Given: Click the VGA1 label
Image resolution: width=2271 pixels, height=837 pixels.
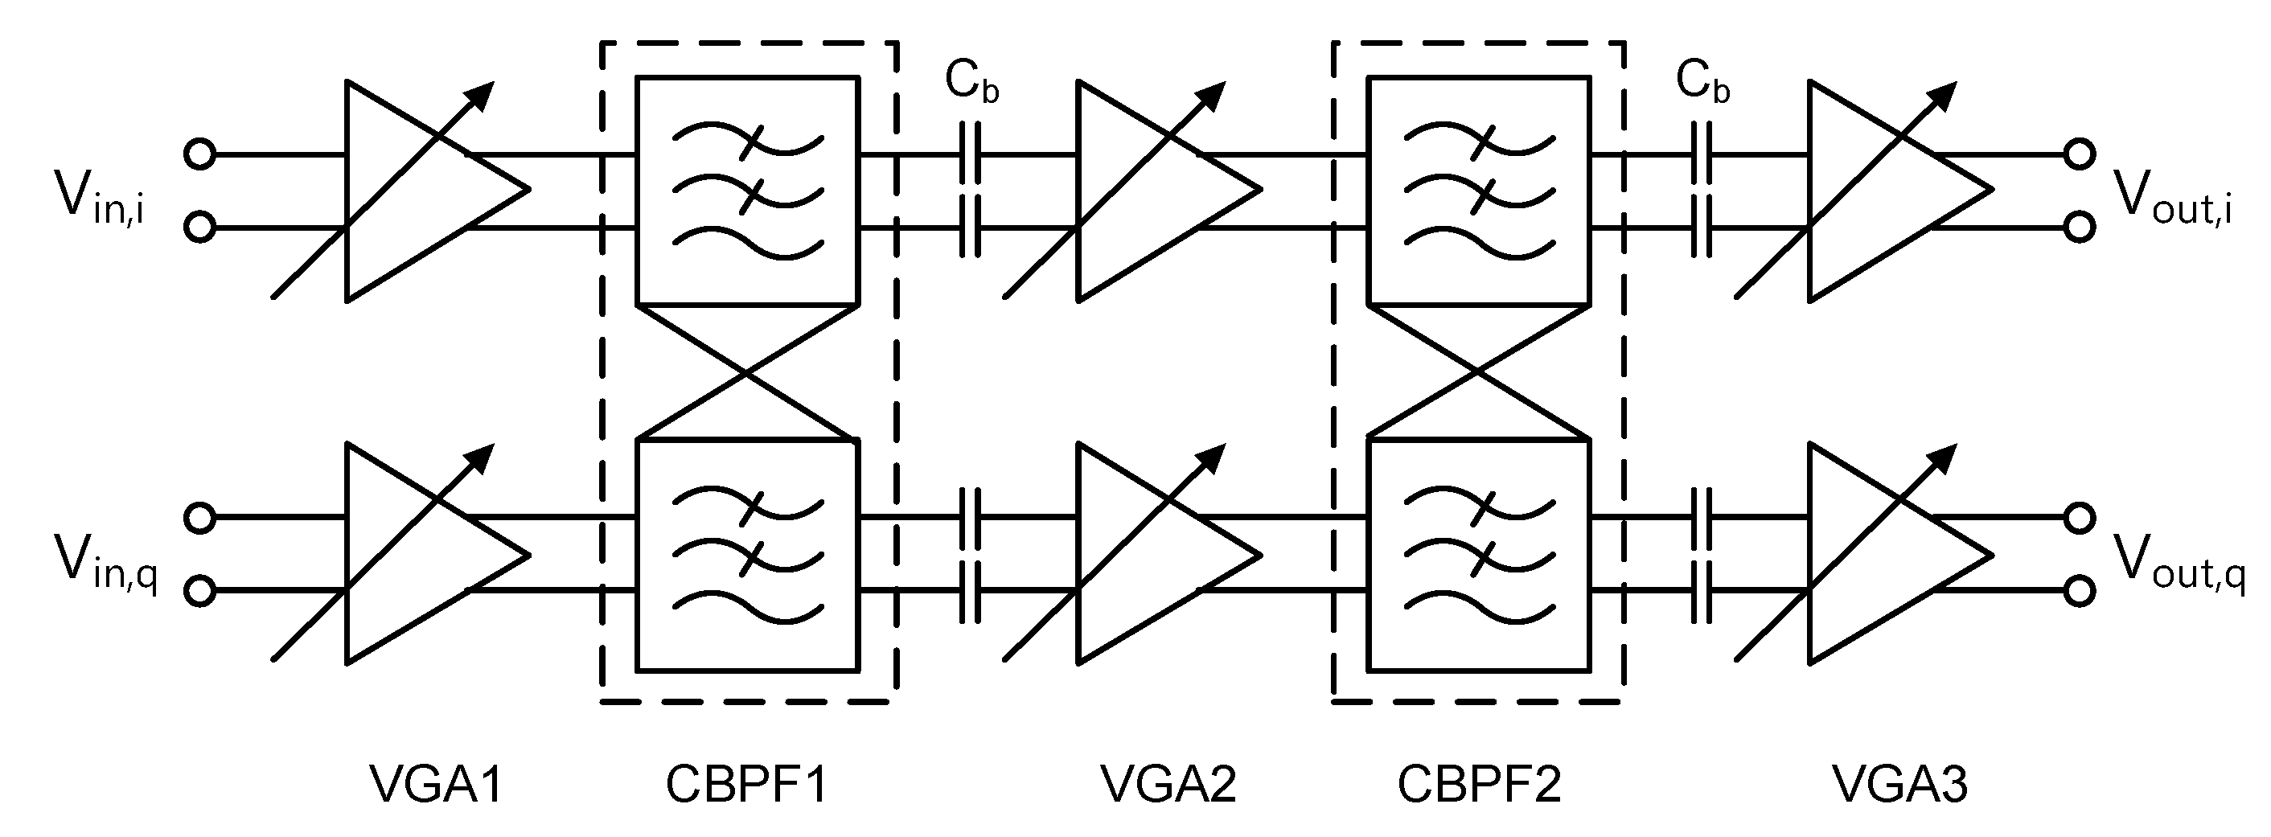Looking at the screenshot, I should pos(436,783).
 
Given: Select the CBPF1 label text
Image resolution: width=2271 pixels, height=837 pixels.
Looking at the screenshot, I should pos(747,783).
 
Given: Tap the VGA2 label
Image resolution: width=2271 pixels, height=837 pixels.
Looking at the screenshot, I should pos(1168,783).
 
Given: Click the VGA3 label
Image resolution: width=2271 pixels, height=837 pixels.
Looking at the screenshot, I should pos(1899,783).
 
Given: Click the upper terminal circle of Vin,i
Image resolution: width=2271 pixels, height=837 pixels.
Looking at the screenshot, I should pos(200,154).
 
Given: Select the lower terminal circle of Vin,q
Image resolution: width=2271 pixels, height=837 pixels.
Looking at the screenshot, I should pos(200,591).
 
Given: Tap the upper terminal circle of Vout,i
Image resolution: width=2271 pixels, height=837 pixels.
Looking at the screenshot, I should pos(2080,154).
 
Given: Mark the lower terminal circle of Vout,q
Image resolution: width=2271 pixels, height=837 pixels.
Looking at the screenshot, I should pos(2080,591).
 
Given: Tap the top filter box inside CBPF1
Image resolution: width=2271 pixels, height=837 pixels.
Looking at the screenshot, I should pos(747,191).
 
